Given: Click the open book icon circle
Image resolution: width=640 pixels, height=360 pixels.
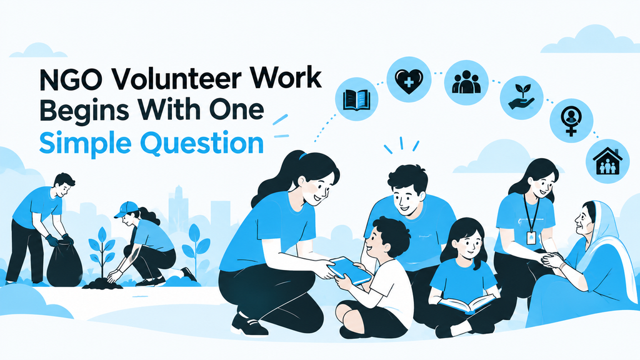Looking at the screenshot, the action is click(x=357, y=99).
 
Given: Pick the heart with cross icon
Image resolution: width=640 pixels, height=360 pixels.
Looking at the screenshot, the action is click(x=409, y=79).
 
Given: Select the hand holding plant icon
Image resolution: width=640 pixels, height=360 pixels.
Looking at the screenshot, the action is click(x=521, y=97).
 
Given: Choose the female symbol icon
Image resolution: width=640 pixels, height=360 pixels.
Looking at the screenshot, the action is click(x=571, y=121).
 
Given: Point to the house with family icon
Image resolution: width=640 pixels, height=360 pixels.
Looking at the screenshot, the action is click(x=607, y=161).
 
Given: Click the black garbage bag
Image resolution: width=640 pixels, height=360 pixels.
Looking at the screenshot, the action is click(x=64, y=264).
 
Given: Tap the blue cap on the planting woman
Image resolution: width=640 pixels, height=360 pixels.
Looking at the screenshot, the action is click(x=126, y=209).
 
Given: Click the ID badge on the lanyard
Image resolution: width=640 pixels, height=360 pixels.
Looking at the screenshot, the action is click(x=531, y=237).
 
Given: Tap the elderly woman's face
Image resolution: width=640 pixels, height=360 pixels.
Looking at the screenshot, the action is click(x=583, y=222).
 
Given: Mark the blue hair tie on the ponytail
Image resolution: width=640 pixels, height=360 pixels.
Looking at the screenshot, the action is click(x=302, y=156).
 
